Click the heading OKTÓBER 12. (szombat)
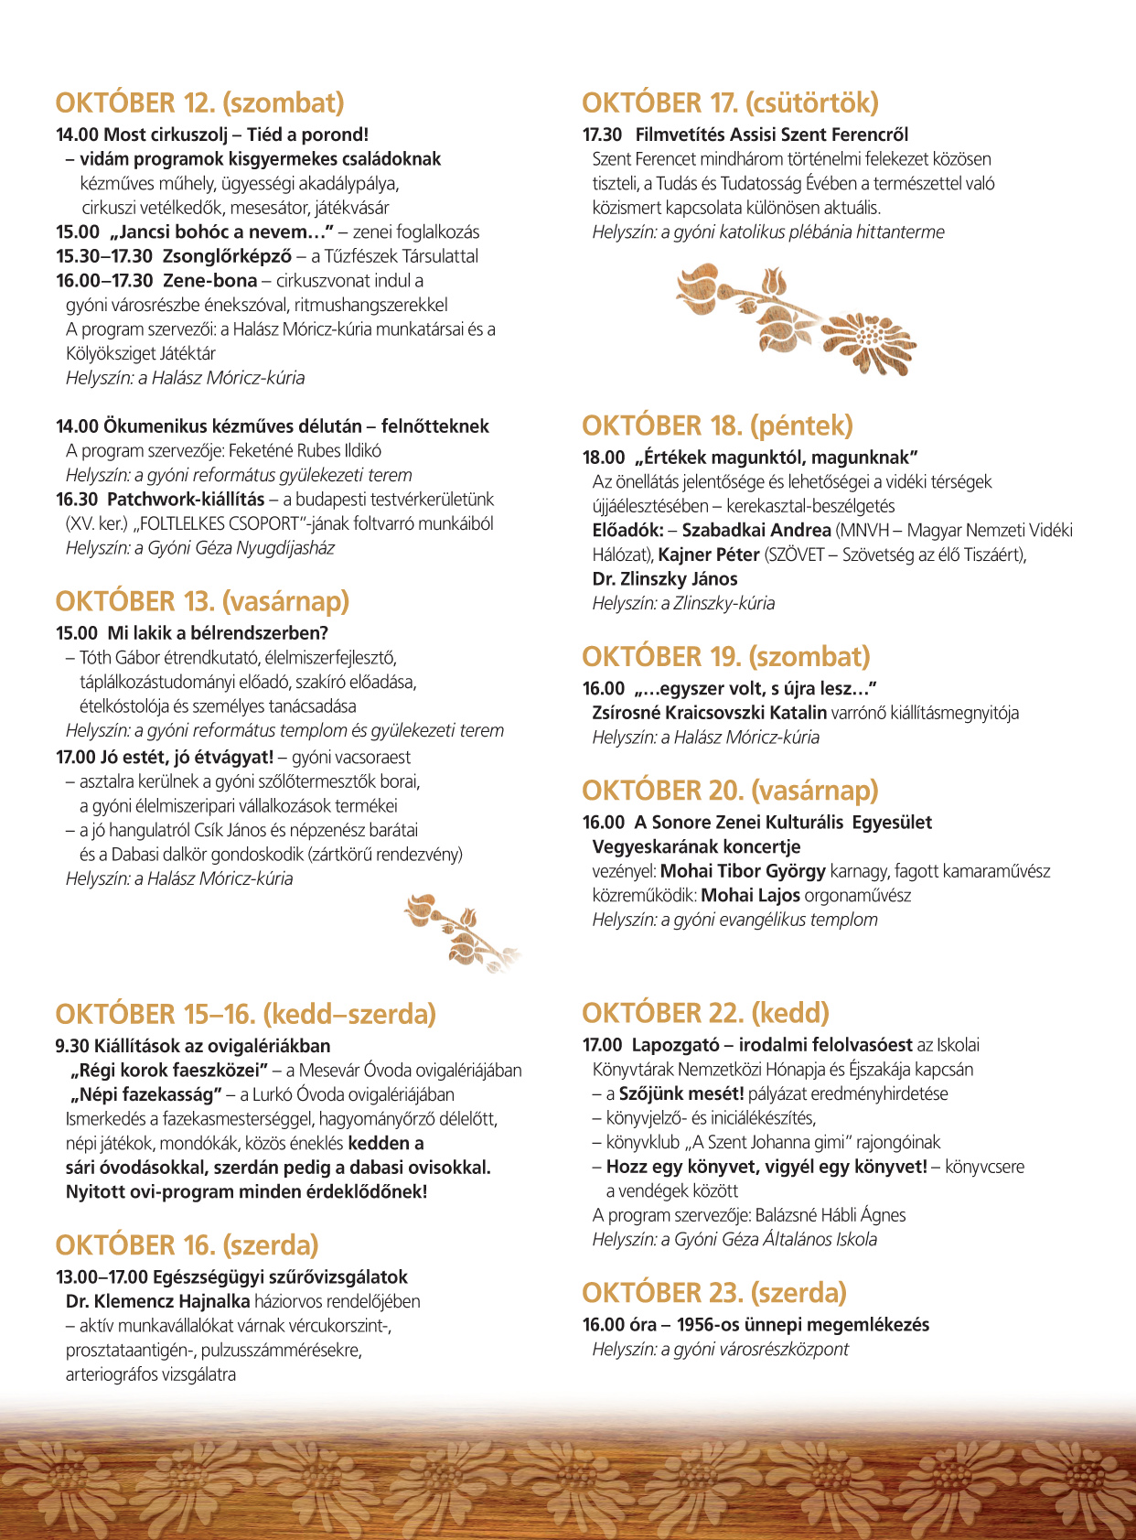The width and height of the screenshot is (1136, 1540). pyautogui.click(x=199, y=102)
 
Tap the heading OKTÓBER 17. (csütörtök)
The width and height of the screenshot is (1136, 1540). pyautogui.click(x=730, y=102)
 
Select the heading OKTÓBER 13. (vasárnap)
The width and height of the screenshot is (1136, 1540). pyautogui.click(x=202, y=601)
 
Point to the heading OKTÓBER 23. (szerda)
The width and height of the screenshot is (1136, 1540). pyautogui.click(x=714, y=1292)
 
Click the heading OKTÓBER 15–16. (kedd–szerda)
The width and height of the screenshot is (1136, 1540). pyautogui.click(x=245, y=1014)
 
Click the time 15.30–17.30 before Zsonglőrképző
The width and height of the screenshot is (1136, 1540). pyautogui.click(x=104, y=256)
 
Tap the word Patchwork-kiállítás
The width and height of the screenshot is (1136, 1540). pyautogui.click(x=186, y=500)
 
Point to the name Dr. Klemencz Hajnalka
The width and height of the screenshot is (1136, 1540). pyautogui.click(x=157, y=1301)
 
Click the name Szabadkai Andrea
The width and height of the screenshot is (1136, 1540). pyautogui.click(x=756, y=531)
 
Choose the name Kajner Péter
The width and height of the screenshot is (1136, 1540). pyautogui.click(x=709, y=555)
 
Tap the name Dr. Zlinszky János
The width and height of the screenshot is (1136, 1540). pyautogui.click(x=665, y=579)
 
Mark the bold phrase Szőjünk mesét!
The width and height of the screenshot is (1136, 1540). pyautogui.click(x=681, y=1093)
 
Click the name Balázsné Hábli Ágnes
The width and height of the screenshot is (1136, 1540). pyautogui.click(x=831, y=1215)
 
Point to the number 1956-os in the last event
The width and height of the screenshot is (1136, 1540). pyautogui.click(x=708, y=1325)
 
